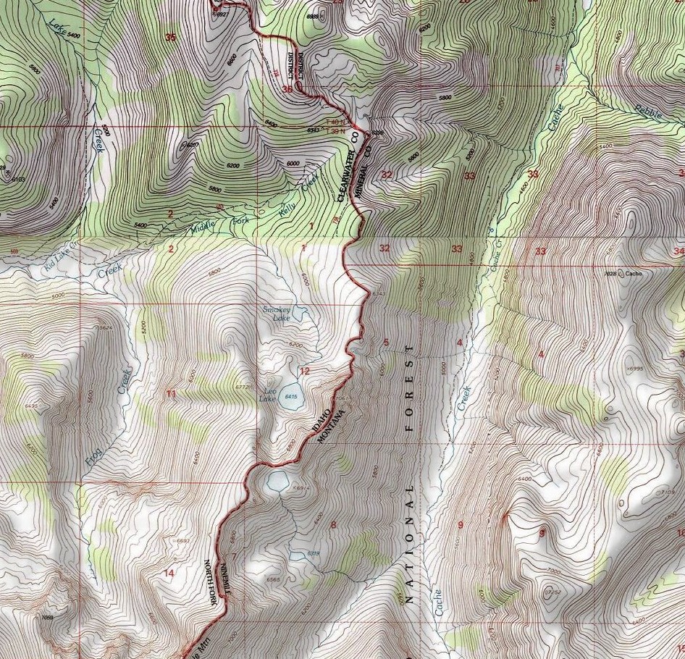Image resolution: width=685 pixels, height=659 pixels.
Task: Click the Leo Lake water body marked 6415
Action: (x=293, y=397)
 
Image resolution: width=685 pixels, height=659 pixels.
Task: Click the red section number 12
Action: (x=305, y=372)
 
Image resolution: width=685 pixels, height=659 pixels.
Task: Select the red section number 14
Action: (x=169, y=573)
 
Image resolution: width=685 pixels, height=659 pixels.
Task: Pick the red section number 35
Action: (x=170, y=38)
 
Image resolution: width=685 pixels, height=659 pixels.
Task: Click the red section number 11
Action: (x=171, y=394)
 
